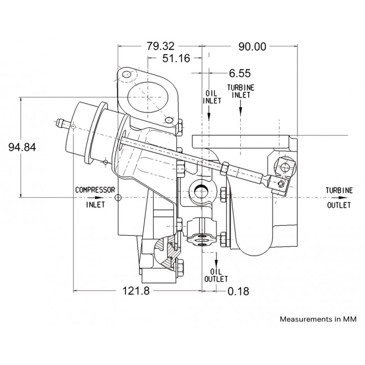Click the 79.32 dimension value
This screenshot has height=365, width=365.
click(x=160, y=46)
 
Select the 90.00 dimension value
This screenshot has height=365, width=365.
click(x=252, y=47)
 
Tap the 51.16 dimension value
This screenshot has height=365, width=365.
click(x=176, y=58)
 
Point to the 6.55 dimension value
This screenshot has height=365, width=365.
click(x=240, y=73)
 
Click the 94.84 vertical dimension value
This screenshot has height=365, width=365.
click(x=22, y=147)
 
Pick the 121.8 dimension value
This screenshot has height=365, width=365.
click(x=136, y=291)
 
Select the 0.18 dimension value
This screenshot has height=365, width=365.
click(x=238, y=291)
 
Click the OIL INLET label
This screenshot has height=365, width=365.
click(x=212, y=97)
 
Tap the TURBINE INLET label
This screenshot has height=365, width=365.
click(x=241, y=91)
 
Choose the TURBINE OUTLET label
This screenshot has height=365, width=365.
click(x=339, y=198)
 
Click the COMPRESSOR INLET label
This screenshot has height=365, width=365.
click(x=95, y=197)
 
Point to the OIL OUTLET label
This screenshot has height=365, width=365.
click(x=216, y=276)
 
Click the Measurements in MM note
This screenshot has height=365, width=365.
click(x=318, y=319)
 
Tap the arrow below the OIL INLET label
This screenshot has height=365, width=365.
click(x=209, y=113)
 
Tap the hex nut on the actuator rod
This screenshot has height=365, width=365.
click(x=224, y=168)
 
